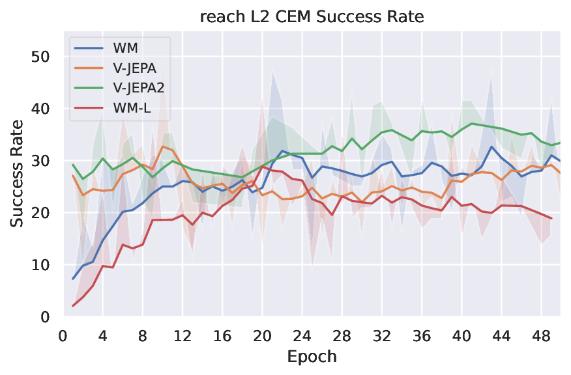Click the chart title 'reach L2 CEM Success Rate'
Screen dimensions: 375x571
tap(312, 17)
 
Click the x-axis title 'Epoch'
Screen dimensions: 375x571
tap(312, 357)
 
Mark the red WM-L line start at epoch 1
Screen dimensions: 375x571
tap(73, 306)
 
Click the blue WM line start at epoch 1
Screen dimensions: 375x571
tap(73, 279)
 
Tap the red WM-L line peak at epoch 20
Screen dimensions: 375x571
tap(262, 167)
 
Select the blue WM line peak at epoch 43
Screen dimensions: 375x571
tap(491, 146)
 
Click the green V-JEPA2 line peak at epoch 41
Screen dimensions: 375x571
tap(471, 124)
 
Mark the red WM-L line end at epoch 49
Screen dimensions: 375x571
tap(551, 219)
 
